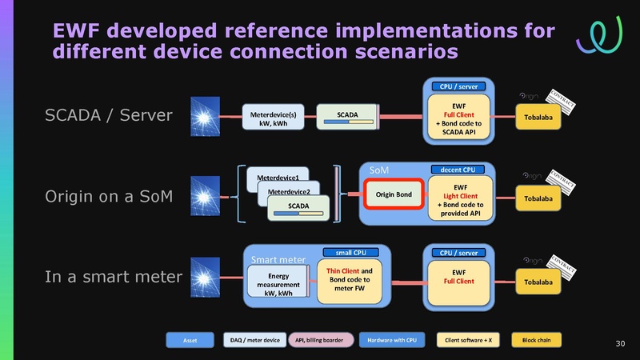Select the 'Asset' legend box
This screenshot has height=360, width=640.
pyautogui.click(x=190, y=341)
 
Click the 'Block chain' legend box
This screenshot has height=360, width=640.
pyautogui.click(x=535, y=341)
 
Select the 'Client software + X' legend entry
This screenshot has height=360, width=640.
pyautogui.click(x=468, y=341)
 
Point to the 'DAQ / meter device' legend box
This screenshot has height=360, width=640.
pyautogui.click(x=251, y=341)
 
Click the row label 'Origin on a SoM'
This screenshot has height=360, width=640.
pyautogui.click(x=108, y=197)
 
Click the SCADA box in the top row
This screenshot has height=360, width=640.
pyautogui.click(x=346, y=116)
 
